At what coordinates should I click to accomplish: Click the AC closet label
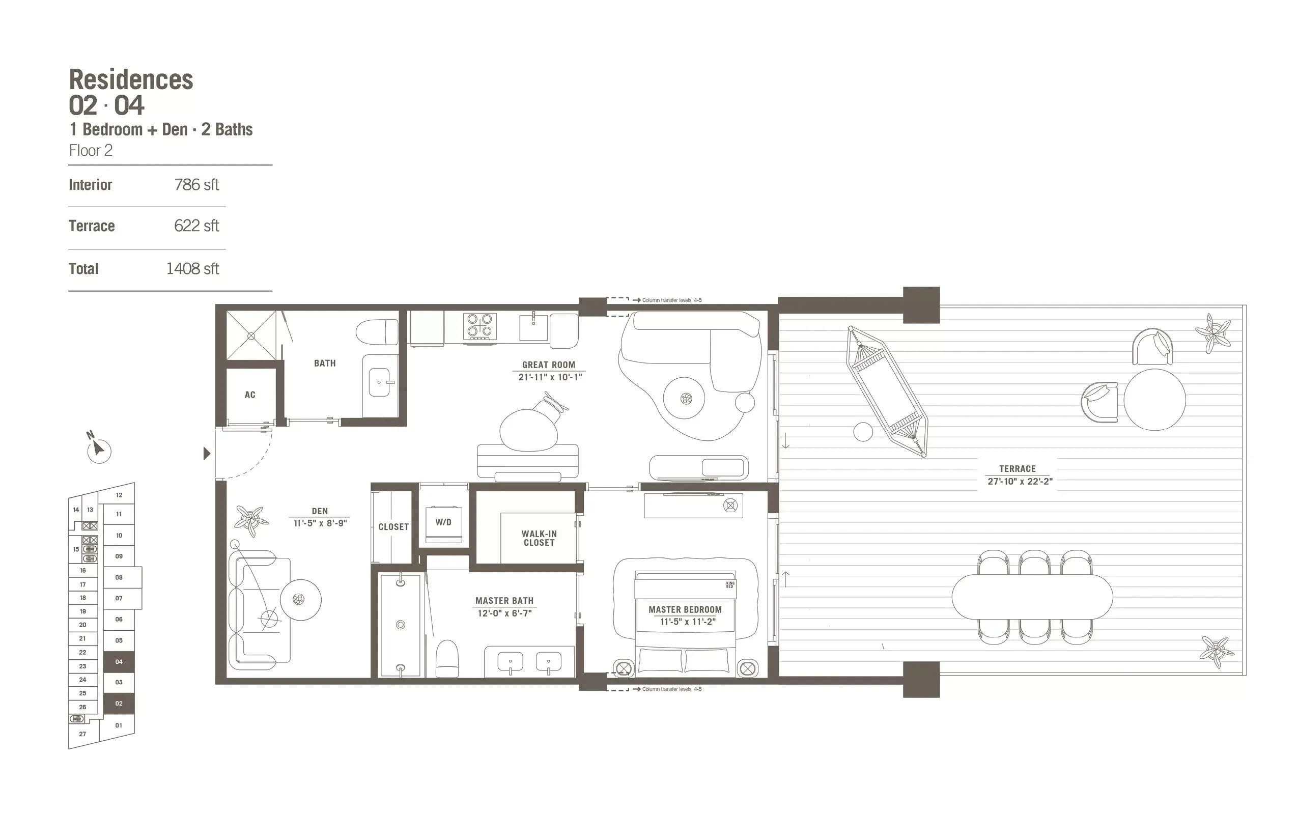[x=250, y=395]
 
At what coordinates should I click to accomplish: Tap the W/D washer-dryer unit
[x=443, y=524]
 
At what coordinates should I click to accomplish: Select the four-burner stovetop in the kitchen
[x=480, y=326]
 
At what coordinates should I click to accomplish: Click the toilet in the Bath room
[x=378, y=331]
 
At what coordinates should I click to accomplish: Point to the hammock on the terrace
[x=886, y=391]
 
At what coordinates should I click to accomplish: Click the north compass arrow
[x=98, y=449]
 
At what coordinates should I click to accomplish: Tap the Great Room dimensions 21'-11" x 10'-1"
[x=550, y=377]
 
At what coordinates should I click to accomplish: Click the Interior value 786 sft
[x=196, y=185]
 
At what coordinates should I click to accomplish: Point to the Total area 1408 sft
[x=192, y=269]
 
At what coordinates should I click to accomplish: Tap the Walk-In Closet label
[x=539, y=539]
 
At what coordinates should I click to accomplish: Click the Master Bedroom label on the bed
[x=685, y=610]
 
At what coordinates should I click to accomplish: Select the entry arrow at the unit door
[x=207, y=453]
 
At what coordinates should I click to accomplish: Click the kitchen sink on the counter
[x=533, y=327]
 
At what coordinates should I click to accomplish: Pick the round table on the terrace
[x=1154, y=400]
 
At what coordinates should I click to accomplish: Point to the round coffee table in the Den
[x=300, y=600]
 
